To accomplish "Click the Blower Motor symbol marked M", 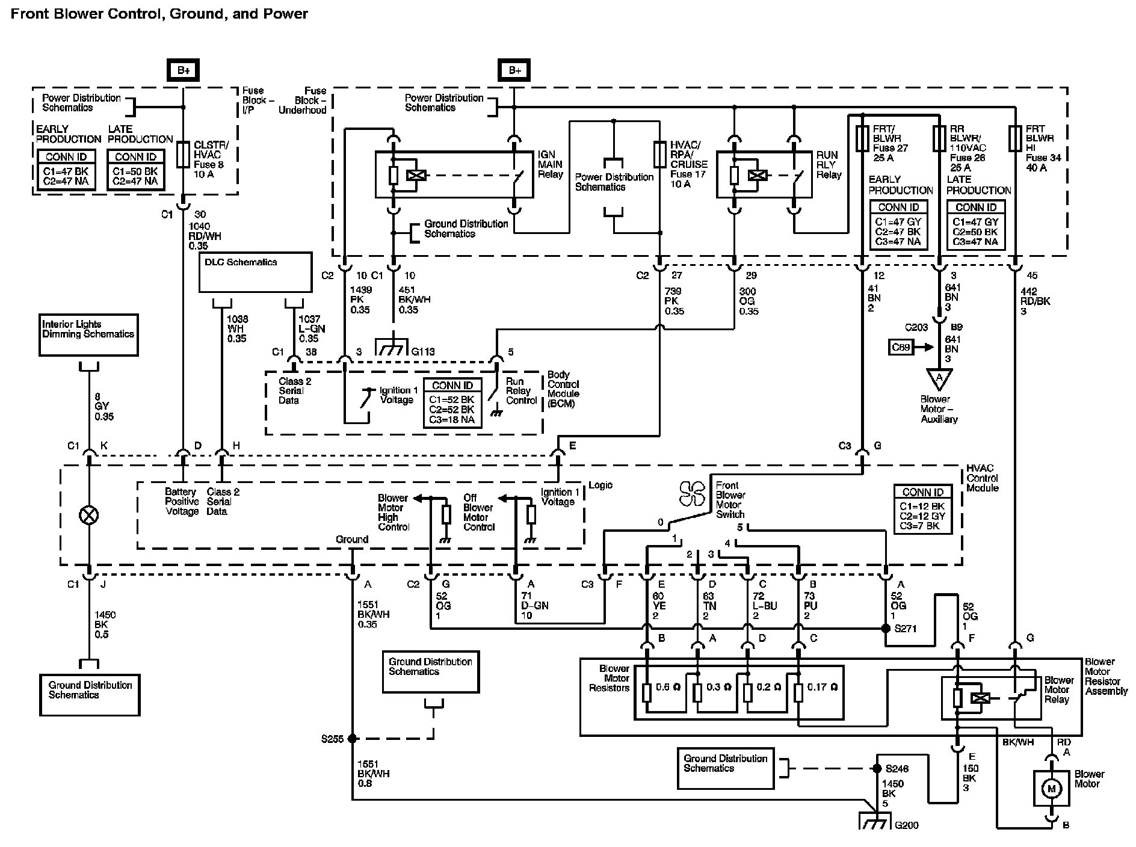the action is click(1052, 788).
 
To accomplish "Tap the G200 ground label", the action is click(907, 825).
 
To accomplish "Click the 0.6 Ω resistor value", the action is click(667, 688).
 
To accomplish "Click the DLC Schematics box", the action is click(256, 273).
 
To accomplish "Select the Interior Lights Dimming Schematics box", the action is click(88, 335).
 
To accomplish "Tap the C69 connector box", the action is click(901, 347).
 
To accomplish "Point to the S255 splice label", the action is click(332, 738).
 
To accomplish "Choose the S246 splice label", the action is click(897, 769).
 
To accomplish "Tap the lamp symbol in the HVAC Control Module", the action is click(89, 516).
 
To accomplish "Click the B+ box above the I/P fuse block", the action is click(184, 70).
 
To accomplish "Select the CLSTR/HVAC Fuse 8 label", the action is click(211, 159).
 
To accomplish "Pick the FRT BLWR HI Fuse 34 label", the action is click(1044, 149).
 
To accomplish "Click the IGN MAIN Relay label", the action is click(550, 164).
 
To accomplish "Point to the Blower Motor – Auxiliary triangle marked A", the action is click(939, 378).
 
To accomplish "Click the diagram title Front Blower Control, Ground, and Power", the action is click(159, 14).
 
